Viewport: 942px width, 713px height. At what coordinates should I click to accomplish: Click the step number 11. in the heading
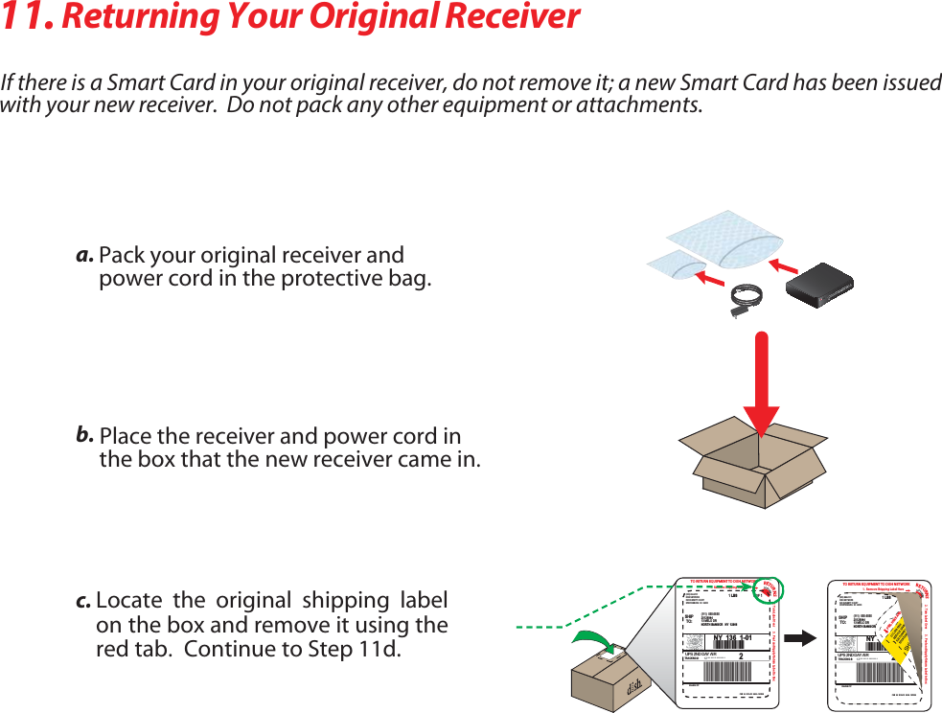click(28, 17)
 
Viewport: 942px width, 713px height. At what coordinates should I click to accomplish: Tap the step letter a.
click(84, 256)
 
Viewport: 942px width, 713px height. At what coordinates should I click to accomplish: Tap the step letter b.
click(85, 436)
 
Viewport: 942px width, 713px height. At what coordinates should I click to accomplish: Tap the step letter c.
click(83, 602)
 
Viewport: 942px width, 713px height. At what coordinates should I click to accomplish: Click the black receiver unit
click(819, 285)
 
